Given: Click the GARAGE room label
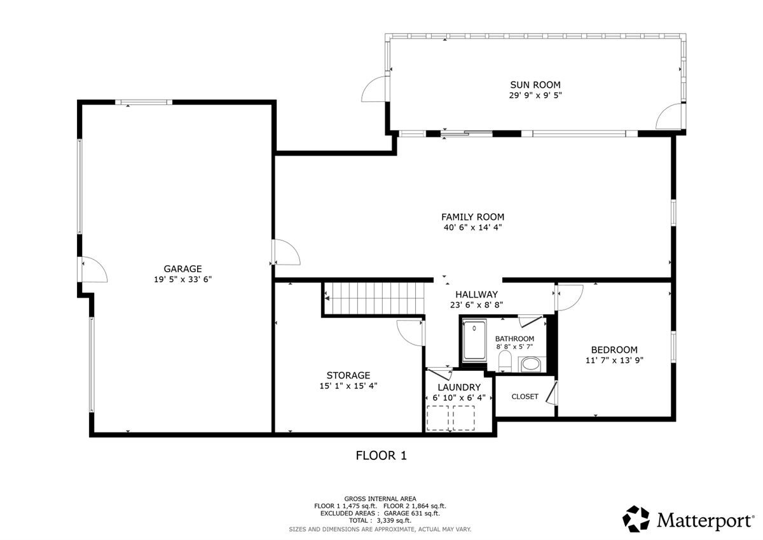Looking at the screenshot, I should pyautogui.click(x=182, y=268).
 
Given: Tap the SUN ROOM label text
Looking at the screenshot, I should pyautogui.click(x=535, y=85).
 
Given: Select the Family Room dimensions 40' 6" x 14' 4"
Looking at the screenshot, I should pyautogui.click(x=473, y=228).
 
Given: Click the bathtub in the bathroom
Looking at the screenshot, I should pyautogui.click(x=474, y=340).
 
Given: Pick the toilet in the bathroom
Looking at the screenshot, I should pyautogui.click(x=505, y=361).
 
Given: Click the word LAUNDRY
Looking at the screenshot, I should pyautogui.click(x=458, y=387).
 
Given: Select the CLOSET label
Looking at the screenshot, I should pyautogui.click(x=525, y=397).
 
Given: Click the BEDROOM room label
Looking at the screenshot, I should pyautogui.click(x=614, y=350).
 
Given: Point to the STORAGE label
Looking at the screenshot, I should pyautogui.click(x=348, y=375).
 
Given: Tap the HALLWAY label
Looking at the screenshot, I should pyautogui.click(x=476, y=294).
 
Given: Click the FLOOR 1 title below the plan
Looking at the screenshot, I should pyautogui.click(x=381, y=455).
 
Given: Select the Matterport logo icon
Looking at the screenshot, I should pyautogui.click(x=636, y=519).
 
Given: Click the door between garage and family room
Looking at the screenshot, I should pyautogui.click(x=285, y=252).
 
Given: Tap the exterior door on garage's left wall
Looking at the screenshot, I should pyautogui.click(x=93, y=270).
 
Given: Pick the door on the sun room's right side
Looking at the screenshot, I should pyautogui.click(x=670, y=116).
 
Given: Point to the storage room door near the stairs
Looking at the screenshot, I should pyautogui.click(x=409, y=332).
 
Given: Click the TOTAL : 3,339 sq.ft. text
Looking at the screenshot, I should pyautogui.click(x=380, y=521).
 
